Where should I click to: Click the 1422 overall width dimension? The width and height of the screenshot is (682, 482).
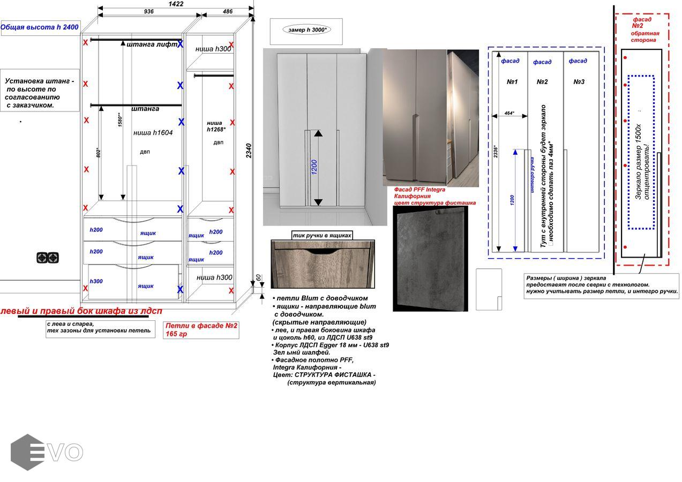[176, 4]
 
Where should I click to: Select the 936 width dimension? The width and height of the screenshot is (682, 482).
[149, 12]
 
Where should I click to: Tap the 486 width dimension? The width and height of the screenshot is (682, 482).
[228, 12]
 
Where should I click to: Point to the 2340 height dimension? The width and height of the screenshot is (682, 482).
[249, 150]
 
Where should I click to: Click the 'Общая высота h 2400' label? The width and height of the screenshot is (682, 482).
[40, 27]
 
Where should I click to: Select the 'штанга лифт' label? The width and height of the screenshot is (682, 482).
[152, 44]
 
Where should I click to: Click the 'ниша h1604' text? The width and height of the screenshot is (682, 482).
[153, 133]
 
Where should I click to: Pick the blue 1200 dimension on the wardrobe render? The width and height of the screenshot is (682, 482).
[314, 168]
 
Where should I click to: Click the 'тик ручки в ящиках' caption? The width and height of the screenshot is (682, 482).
[323, 236]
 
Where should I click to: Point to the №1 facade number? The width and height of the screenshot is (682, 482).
[512, 82]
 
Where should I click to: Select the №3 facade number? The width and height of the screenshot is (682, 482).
[579, 82]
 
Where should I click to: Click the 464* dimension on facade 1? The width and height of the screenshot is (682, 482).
[509, 114]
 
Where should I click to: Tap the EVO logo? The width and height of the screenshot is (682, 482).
[47, 452]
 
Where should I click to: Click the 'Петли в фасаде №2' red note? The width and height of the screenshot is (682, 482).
[201, 326]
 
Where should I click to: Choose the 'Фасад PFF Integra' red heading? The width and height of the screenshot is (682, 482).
[419, 190]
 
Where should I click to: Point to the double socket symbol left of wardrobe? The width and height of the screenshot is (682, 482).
[48, 258]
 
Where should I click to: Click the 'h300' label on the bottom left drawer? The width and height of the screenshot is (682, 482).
[96, 281]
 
